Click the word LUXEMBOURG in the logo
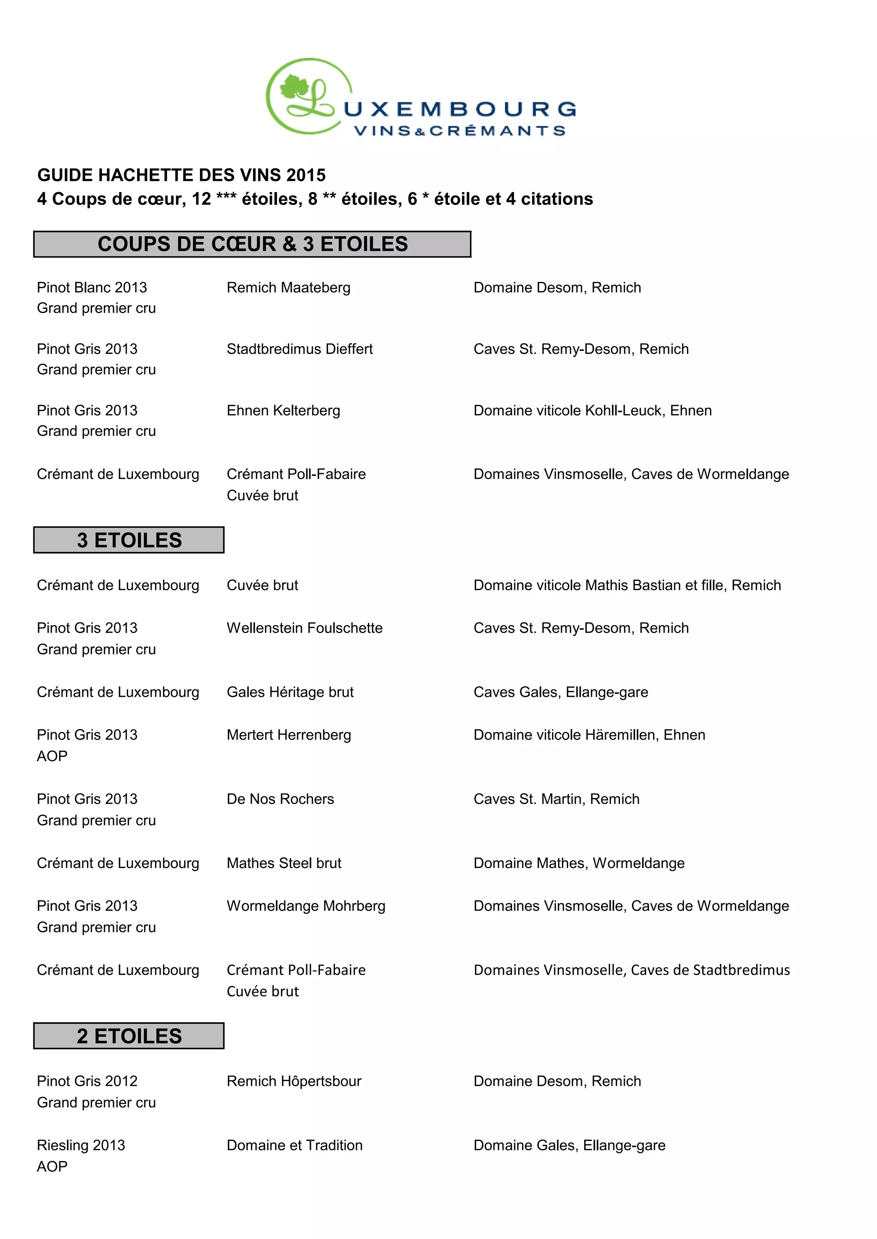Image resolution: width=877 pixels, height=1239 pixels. pos(459,109)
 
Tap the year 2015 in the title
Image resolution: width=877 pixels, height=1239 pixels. pos(306,175)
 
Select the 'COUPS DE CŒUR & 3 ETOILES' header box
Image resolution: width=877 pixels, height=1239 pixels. pos(252,244)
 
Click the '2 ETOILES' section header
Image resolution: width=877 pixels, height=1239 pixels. pos(129,1035)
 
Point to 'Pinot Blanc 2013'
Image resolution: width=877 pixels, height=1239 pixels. pos(92,287)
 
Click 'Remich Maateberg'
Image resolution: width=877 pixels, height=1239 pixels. pos(288,287)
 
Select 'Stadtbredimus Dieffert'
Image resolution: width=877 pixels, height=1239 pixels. pos(300,349)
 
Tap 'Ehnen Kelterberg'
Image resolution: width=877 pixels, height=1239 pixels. pos(283,410)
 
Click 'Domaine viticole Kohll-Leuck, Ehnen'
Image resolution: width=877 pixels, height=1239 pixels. pos(592,410)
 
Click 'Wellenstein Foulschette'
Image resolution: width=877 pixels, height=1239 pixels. pos(304,628)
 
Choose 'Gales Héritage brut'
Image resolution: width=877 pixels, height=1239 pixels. pos(290,692)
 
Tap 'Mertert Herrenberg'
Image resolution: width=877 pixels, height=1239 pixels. pos(289,735)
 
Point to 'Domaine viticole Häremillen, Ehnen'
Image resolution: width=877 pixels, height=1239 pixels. pos(589,735)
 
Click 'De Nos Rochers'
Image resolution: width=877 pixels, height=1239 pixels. pos(280,799)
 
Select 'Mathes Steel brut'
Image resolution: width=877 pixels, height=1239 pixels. pos(284,863)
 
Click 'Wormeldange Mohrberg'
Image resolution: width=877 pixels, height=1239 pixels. pos(306,906)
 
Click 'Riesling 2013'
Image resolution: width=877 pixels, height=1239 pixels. pos(81,1145)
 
